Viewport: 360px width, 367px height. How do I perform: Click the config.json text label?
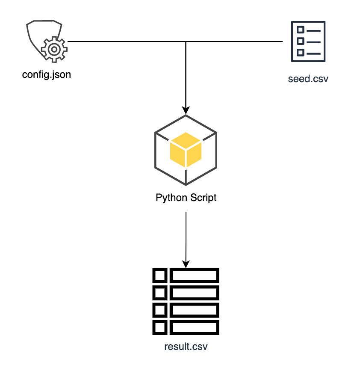46,75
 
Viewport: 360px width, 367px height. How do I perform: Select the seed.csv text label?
308,79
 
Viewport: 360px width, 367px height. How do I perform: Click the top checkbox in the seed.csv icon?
301,30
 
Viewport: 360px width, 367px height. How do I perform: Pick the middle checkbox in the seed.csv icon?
301,41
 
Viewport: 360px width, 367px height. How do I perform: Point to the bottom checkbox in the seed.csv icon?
301,53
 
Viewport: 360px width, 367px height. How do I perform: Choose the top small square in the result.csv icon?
159,275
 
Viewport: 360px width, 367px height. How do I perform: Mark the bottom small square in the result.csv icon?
159,327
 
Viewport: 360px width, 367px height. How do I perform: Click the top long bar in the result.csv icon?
194,275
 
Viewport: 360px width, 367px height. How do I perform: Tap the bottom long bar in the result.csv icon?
194,327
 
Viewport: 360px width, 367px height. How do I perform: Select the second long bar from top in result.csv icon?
194,293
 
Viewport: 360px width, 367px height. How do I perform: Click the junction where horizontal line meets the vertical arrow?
186,41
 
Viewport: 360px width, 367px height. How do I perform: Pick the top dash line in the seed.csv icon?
313,30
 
